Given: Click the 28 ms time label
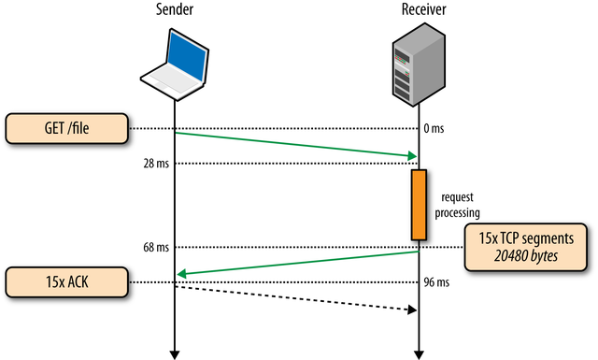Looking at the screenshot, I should tap(155, 164).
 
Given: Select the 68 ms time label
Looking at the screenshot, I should tap(155, 247).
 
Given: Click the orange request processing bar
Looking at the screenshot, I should tap(419, 205).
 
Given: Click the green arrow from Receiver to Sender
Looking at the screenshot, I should tap(295, 263).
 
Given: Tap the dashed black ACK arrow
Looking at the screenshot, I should tap(295, 298).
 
